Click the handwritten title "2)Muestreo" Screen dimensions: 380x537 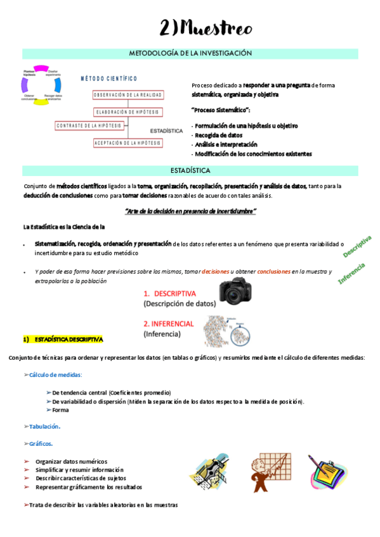(x=206, y=28)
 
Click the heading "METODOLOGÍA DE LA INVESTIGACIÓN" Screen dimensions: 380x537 (x=190, y=54)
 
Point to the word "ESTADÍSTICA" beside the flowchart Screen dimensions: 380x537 (x=167, y=130)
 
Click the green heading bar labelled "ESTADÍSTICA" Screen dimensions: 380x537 (x=190, y=171)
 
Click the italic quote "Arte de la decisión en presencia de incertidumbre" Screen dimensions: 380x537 (x=190, y=211)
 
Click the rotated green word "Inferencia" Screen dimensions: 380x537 (x=351, y=272)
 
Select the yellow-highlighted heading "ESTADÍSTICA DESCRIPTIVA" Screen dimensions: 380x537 (x=64, y=339)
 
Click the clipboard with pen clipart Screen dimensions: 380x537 (x=327, y=473)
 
